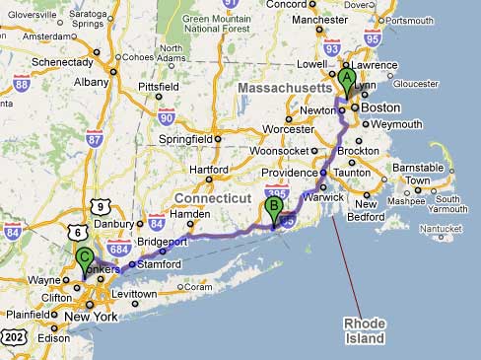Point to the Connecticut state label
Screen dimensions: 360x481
213,198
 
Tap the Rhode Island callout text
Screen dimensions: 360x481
364,330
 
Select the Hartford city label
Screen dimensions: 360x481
209,169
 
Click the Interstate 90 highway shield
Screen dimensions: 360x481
166,117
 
